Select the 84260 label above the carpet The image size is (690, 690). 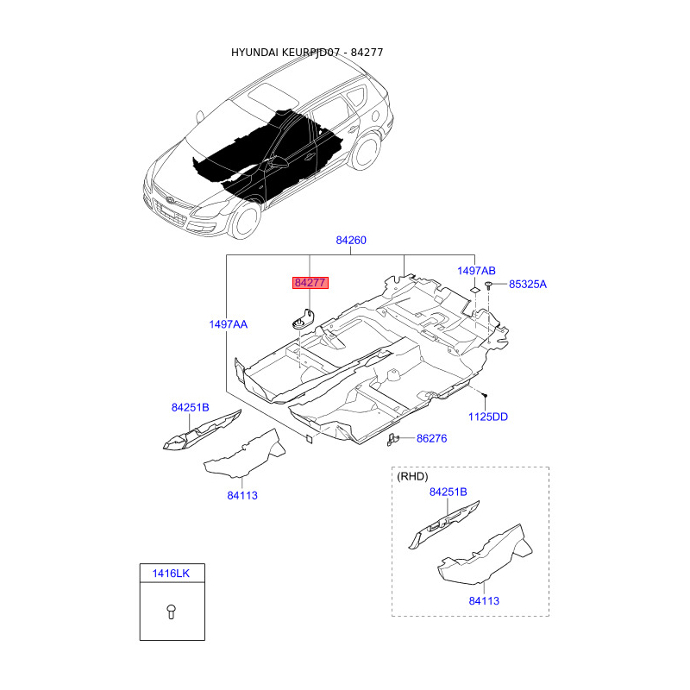point(351,241)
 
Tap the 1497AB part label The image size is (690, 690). point(476,271)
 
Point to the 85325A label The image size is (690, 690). point(527,284)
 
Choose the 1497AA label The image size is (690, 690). point(228,324)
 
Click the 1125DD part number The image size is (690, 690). point(488,417)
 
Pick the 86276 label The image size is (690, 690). point(431,438)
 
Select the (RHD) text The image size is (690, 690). point(411,476)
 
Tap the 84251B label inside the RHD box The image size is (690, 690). point(448,492)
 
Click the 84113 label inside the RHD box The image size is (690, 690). point(484,600)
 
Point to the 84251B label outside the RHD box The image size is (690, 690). point(190,407)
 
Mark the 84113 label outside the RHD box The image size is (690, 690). point(242,495)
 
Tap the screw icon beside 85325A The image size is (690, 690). point(489,285)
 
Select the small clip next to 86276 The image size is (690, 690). point(394,439)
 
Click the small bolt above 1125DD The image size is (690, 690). point(486,395)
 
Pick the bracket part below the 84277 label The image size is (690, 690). point(301,317)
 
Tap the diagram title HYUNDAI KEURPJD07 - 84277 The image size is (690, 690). point(306,53)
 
